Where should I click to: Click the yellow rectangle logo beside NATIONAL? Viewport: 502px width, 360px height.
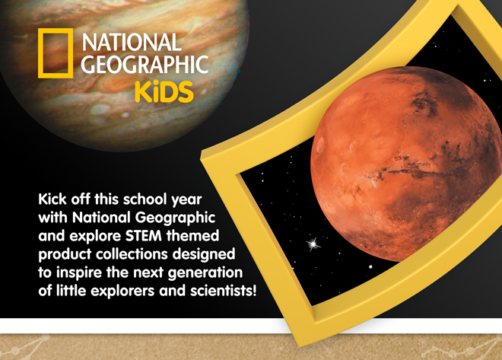pyautogui.click(x=55, y=53)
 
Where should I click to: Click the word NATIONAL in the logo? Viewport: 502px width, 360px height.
pyautogui.click(x=132, y=42)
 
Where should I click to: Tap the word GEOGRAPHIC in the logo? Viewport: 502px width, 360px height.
pyautogui.click(x=144, y=65)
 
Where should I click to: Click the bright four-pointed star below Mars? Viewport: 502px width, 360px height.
pyautogui.click(x=310, y=244)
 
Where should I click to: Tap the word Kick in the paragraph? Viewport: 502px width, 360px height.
pyautogui.click(x=54, y=198)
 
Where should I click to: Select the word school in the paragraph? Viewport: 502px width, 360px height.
pyautogui.click(x=148, y=198)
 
